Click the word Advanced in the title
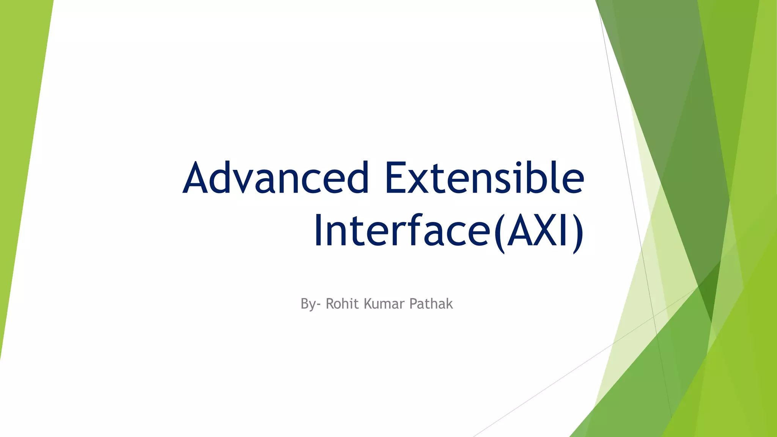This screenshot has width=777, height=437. pyautogui.click(x=276, y=178)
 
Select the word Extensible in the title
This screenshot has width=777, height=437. pyautogui.click(x=484, y=178)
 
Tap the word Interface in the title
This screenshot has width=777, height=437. pyautogui.click(x=402, y=231)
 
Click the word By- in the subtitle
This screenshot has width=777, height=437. pyautogui.click(x=310, y=304)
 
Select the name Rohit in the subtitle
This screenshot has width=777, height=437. pyautogui.click(x=342, y=304)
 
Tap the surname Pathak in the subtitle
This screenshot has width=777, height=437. pyautogui.click(x=431, y=304)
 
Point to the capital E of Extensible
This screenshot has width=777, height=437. pyautogui.click(x=395, y=178)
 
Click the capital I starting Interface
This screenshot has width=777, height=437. pyautogui.click(x=319, y=231)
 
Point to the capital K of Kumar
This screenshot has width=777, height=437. pyautogui.click(x=368, y=304)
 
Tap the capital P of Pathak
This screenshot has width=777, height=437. pyautogui.click(x=413, y=304)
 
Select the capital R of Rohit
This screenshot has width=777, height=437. pyautogui.click(x=329, y=304)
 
